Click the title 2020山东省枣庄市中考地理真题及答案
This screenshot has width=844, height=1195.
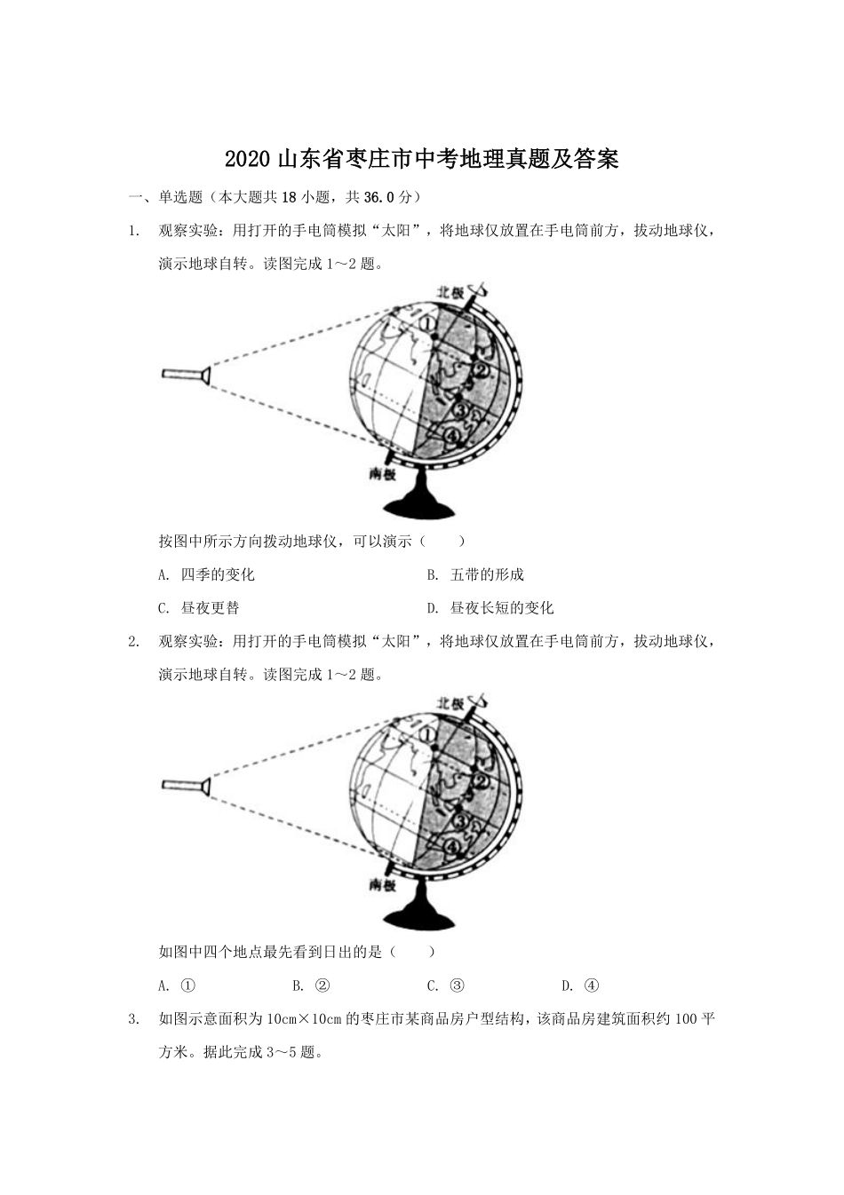click(x=421, y=160)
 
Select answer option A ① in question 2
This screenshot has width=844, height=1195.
click(x=178, y=985)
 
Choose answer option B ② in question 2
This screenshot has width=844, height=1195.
click(x=312, y=985)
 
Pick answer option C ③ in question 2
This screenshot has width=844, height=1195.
click(x=447, y=985)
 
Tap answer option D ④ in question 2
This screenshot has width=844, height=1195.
click(x=582, y=985)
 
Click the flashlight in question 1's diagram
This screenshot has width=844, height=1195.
click(x=185, y=375)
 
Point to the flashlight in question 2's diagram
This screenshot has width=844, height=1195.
click(x=185, y=785)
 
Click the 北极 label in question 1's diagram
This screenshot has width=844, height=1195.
click(x=450, y=291)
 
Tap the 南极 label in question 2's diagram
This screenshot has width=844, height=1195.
click(x=382, y=886)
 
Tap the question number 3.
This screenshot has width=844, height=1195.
click(x=133, y=1019)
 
